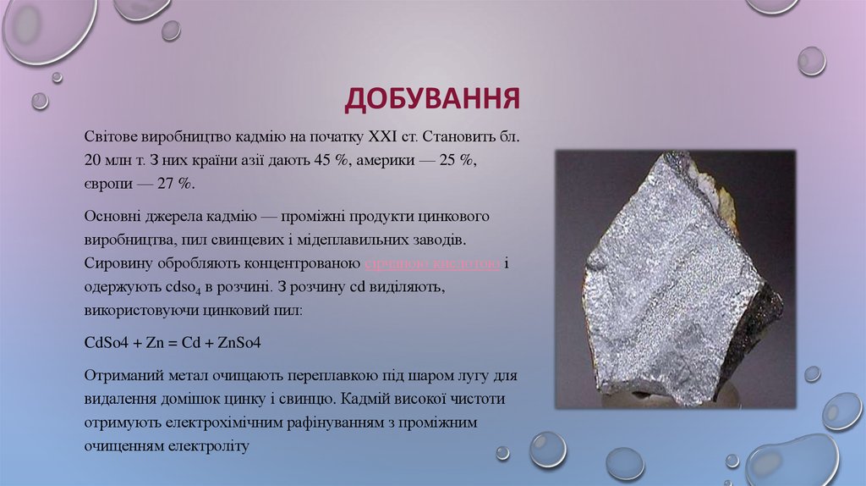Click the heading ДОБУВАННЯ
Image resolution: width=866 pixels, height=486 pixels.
431,98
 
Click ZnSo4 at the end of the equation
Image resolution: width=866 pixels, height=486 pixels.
241,344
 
